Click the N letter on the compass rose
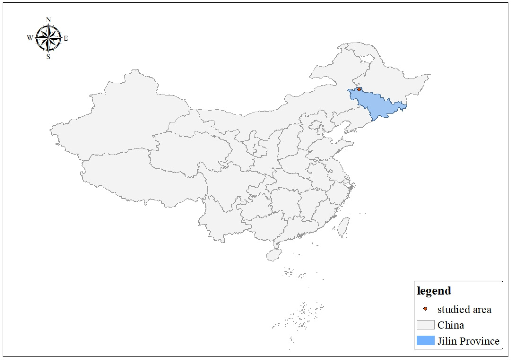pos(48,20)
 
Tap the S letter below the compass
pos(48,57)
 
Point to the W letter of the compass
pos(30,38)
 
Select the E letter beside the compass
pos(66,38)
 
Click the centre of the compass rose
pos(48,38)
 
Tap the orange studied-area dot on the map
pos(359,89)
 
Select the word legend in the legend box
pos(434,291)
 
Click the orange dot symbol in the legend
pos(425,309)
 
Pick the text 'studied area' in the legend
pos(464,310)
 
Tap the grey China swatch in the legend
pos(425,325)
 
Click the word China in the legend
pos(450,325)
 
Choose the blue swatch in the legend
pos(425,340)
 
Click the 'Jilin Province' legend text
pos(468,341)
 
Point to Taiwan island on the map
pos(343,227)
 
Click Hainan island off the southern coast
pos(274,255)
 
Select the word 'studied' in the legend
pos(452,310)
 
